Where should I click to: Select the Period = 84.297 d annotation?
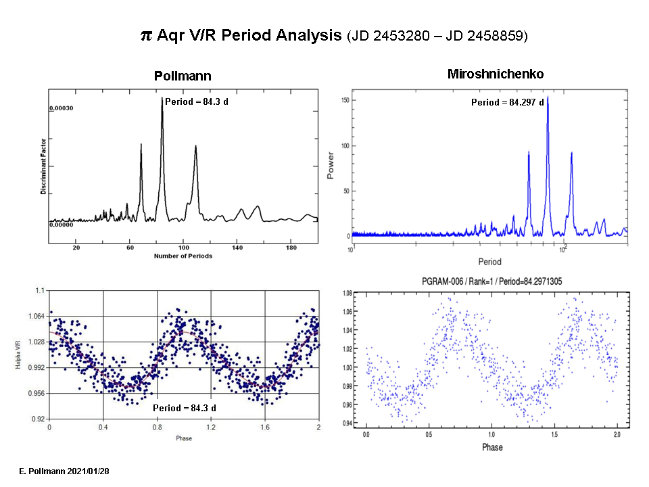point(507,103)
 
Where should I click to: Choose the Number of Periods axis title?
point(183,256)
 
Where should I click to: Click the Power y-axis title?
point(331,166)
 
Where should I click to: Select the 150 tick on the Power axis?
point(344,100)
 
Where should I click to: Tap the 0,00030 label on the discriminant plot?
point(61,108)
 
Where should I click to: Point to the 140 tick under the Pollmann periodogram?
point(237,248)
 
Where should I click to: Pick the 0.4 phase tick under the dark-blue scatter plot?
point(103,427)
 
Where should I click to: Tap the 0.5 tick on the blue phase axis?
point(429,434)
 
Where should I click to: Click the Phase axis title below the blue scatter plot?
point(492,447)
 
